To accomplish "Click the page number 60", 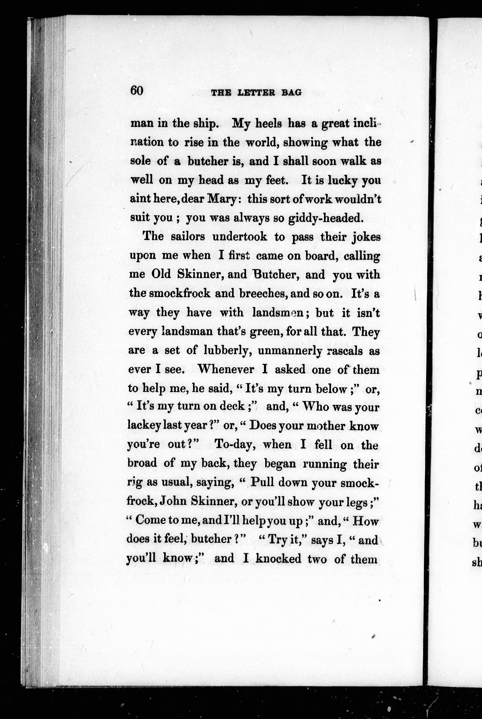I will pyautogui.click(x=137, y=91).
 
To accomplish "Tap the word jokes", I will pyautogui.click(x=366, y=237).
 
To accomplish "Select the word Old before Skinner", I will pyautogui.click(x=161, y=274).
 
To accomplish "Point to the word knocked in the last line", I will pyautogui.click(x=278, y=558).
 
